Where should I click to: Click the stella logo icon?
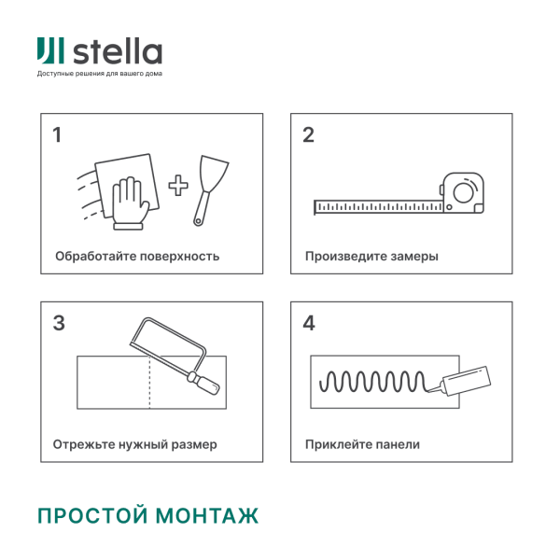(x=50, y=51)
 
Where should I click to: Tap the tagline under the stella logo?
(x=99, y=74)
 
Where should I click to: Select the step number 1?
(x=57, y=135)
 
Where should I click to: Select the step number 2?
(x=308, y=135)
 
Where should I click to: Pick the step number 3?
(x=58, y=324)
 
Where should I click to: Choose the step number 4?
(x=309, y=324)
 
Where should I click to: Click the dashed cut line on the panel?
(x=149, y=383)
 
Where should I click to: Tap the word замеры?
(x=415, y=256)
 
